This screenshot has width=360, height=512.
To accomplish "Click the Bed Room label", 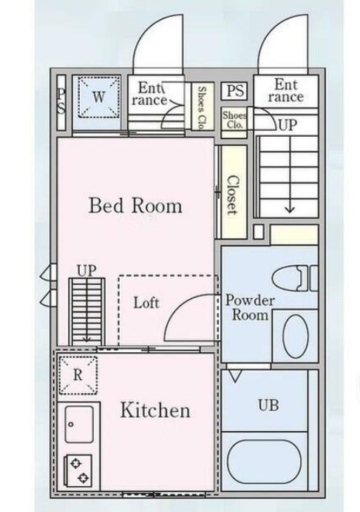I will (x=135, y=205).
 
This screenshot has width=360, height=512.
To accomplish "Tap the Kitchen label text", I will (x=155, y=411).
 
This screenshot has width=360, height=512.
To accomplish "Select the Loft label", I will (x=146, y=303).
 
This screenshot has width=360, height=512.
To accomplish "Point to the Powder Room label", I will (x=250, y=307).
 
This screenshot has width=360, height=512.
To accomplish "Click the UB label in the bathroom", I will (x=268, y=405).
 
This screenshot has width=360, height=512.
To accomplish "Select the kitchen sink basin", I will (x=78, y=424).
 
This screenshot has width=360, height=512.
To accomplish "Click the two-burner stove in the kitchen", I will (x=78, y=469).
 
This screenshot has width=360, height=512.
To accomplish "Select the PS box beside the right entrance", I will (x=235, y=92).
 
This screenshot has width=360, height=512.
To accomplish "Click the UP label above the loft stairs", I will (x=86, y=271).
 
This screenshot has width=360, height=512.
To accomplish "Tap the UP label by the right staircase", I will (x=287, y=125).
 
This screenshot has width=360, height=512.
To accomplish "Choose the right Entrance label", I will (x=285, y=91).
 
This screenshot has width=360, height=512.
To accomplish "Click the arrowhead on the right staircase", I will (x=289, y=208).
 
